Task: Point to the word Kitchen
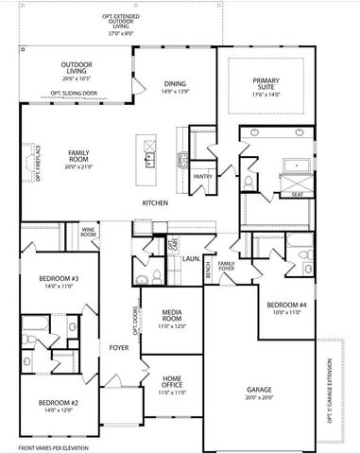point(156,203)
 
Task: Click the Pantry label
point(202,176)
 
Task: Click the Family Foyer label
point(227,266)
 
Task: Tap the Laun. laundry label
point(189,256)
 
